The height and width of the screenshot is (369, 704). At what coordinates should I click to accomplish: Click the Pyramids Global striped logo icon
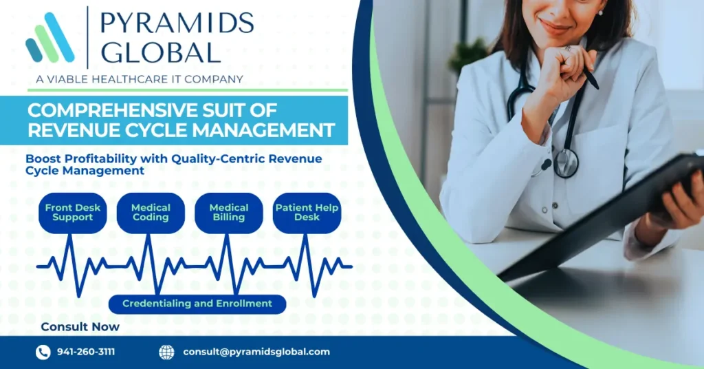[49, 38]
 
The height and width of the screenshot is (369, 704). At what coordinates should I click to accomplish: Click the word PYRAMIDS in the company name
[177, 23]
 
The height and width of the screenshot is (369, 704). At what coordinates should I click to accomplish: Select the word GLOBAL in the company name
[161, 52]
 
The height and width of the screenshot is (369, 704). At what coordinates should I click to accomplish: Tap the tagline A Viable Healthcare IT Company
[140, 79]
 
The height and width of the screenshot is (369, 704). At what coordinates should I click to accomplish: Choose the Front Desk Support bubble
[73, 213]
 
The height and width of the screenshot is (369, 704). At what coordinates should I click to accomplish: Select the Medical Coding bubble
[151, 213]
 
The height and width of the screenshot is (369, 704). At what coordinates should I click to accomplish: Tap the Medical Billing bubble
[229, 213]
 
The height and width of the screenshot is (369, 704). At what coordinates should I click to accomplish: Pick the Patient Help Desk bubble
[307, 213]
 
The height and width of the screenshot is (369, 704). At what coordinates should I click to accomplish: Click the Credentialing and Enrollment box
[197, 304]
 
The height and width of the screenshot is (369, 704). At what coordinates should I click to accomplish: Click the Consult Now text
[80, 327]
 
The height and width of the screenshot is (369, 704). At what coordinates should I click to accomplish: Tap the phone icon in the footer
[43, 352]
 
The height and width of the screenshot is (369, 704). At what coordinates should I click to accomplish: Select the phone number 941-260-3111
[86, 352]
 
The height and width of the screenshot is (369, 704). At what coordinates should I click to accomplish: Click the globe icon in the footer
[166, 352]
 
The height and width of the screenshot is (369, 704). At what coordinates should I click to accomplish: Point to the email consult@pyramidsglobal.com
[256, 352]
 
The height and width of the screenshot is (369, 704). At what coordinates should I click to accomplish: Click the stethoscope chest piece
[566, 162]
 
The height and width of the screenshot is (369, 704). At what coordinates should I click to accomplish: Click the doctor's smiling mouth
[555, 27]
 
